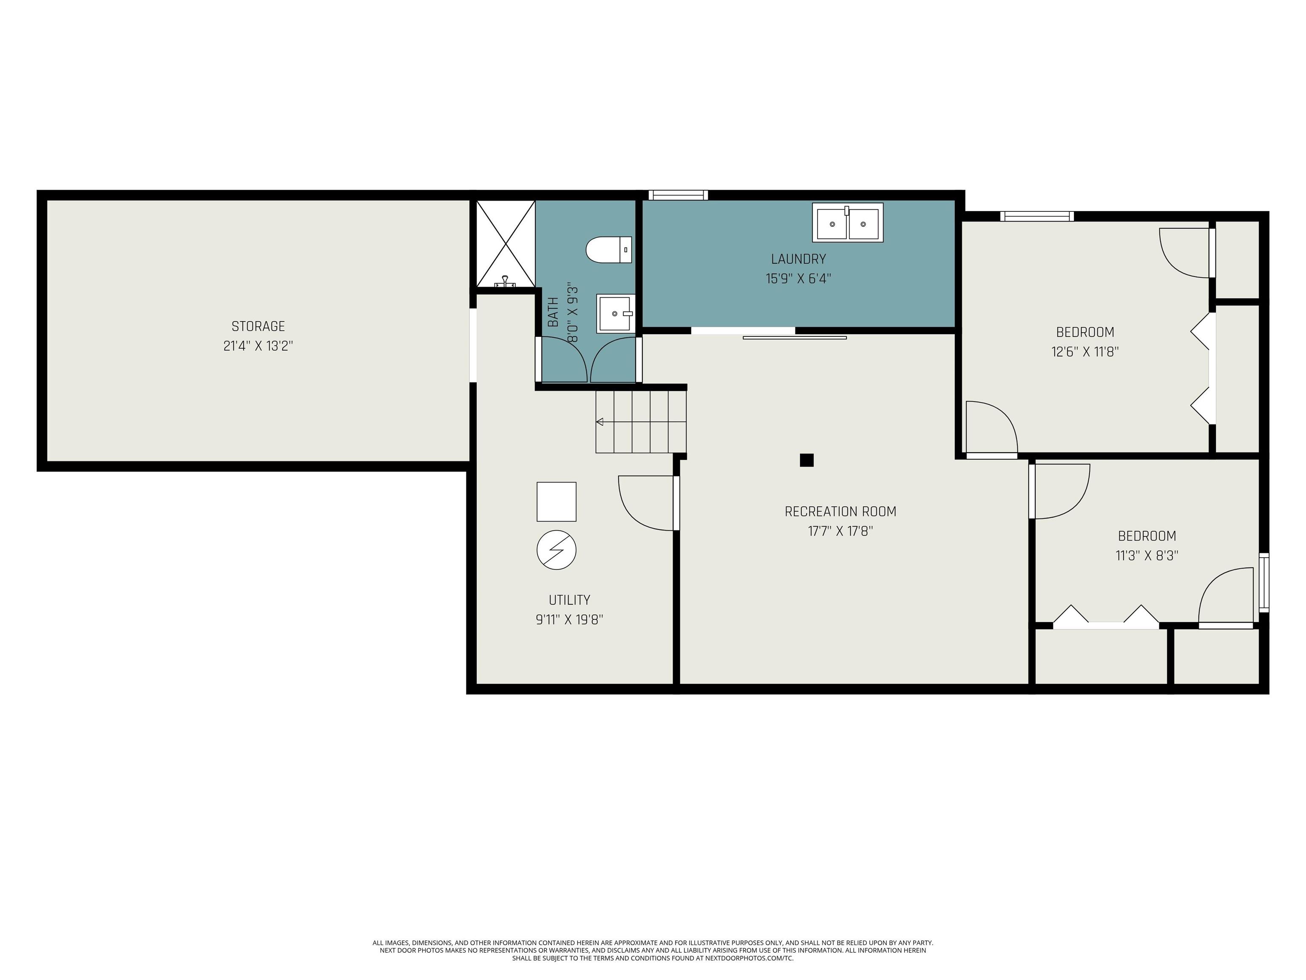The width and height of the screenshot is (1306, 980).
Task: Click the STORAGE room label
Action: pyautogui.click(x=258, y=326)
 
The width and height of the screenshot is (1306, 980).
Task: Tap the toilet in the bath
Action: pyautogui.click(x=609, y=250)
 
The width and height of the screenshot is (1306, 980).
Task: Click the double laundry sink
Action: pyautogui.click(x=847, y=223)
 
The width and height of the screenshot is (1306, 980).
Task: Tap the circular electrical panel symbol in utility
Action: pyautogui.click(x=556, y=550)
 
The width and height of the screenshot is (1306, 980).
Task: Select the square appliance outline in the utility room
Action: pyautogui.click(x=556, y=501)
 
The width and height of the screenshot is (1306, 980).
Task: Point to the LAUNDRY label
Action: pyautogui.click(x=798, y=259)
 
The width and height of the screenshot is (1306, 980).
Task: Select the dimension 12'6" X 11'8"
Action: pyautogui.click(x=1085, y=351)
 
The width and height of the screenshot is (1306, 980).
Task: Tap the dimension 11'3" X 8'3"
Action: pyautogui.click(x=1147, y=555)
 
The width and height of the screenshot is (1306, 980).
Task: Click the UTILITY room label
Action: pyautogui.click(x=569, y=600)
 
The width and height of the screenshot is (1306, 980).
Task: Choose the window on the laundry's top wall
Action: pyautogui.click(x=678, y=195)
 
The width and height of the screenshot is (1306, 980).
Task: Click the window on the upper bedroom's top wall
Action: pyautogui.click(x=1037, y=216)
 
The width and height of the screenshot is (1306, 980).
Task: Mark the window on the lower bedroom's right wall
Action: pyautogui.click(x=1263, y=582)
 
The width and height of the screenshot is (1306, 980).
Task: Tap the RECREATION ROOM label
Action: pyautogui.click(x=840, y=512)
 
